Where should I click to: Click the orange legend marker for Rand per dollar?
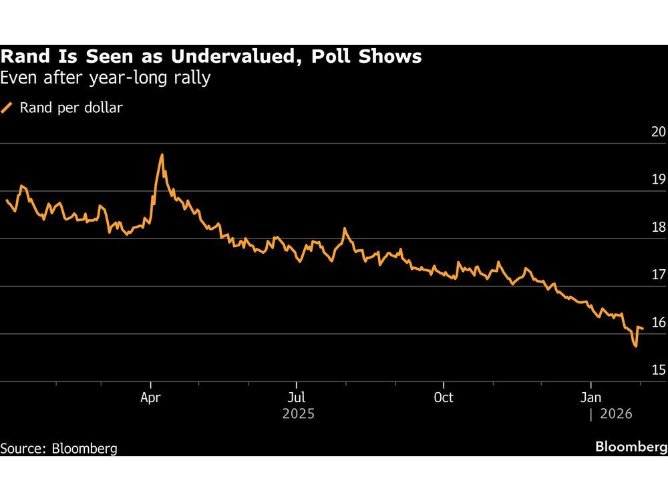[x=8, y=108]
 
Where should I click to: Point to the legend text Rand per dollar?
[x=71, y=108]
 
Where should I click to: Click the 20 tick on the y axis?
[x=658, y=132]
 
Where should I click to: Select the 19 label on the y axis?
[x=658, y=180]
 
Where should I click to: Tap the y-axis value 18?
[x=658, y=227]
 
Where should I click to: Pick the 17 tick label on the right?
[x=658, y=275]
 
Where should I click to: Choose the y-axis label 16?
[x=658, y=323]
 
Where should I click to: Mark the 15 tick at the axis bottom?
[x=658, y=370]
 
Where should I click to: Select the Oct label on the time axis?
[x=443, y=397]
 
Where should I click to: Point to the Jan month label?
[x=590, y=397]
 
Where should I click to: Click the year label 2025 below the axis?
[x=298, y=414]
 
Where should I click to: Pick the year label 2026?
[x=615, y=414]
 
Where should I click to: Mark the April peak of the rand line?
[x=162, y=155]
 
